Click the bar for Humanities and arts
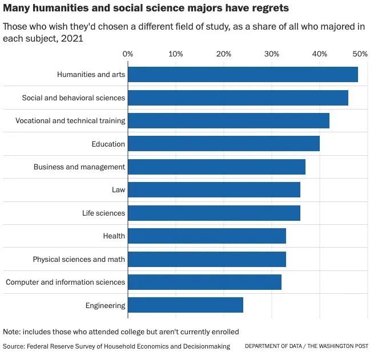(243, 75)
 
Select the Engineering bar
(186, 305)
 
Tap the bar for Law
(214, 190)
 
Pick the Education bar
(224, 144)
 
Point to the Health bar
(207, 236)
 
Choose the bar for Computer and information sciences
(204, 282)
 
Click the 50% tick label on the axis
(360, 54)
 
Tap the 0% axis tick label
(128, 54)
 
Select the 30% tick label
(272, 54)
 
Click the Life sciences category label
(103, 213)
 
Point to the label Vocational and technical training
(70, 121)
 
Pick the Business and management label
(79, 167)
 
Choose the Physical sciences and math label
(79, 260)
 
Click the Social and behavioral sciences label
(74, 98)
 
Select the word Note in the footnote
(12, 332)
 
